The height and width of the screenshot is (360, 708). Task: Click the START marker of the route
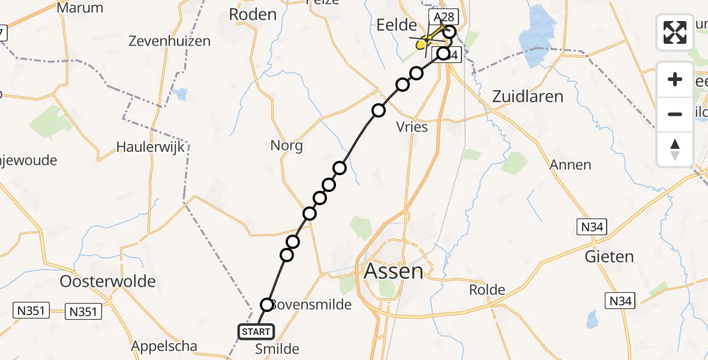tap(257, 331)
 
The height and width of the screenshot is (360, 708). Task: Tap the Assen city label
tap(394, 271)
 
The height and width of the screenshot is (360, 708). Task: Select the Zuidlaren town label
tap(527, 96)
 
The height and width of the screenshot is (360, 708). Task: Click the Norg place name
tap(286, 145)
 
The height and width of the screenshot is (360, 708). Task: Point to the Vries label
tap(412, 127)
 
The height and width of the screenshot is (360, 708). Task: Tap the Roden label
tap(253, 14)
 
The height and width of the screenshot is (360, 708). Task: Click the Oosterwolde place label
tap(108, 281)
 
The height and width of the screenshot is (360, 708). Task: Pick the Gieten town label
tap(609, 257)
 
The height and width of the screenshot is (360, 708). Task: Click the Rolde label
tap(487, 290)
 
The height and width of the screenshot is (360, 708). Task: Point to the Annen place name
tap(571, 164)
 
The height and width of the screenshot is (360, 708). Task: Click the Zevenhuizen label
tap(170, 41)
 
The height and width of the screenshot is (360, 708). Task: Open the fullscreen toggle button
tap(675, 32)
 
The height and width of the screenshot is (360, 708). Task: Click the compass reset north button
tap(675, 149)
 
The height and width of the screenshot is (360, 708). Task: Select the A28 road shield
tap(441, 16)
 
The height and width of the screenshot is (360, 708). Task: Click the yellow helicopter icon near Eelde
tap(422, 43)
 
